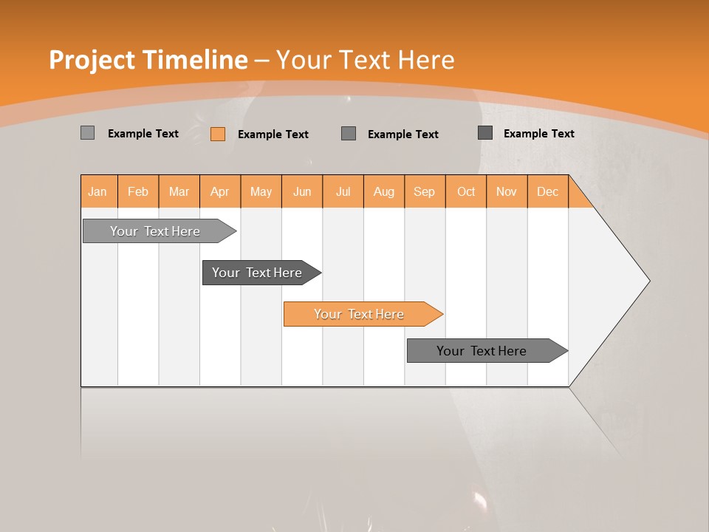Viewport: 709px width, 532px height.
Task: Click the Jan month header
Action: pos(98,191)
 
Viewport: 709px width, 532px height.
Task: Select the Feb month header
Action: pos(138,191)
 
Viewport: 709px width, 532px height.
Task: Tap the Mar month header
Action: pos(179,191)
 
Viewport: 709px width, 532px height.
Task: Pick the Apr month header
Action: pos(220,191)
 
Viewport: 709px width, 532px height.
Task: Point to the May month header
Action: pos(261,191)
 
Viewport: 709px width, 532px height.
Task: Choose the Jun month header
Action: pos(302,191)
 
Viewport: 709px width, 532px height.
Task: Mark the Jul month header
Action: pos(343,191)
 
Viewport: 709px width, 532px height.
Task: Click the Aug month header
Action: pos(384,191)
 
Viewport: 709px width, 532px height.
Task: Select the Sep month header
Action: pos(425,191)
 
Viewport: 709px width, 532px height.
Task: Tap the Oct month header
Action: pos(466,191)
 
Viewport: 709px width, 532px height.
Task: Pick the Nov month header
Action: pos(507,191)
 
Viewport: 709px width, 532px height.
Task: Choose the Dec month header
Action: pos(548,191)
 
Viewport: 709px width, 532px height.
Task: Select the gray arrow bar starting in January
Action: pos(156,231)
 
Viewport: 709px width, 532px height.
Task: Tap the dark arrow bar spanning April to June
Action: pos(258,273)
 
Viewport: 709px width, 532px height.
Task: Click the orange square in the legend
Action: pos(218,134)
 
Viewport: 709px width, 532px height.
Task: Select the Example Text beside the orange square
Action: pos(273,134)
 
